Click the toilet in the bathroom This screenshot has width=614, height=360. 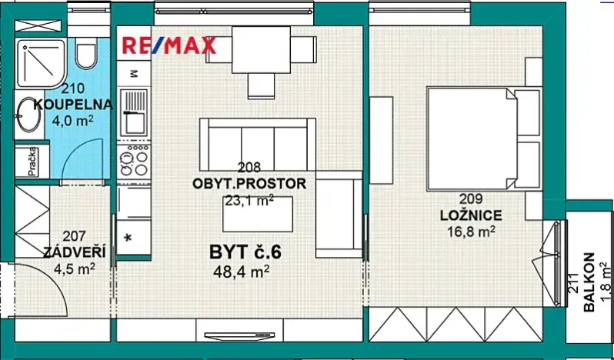click(85, 52)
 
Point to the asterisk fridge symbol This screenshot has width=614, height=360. click(128, 236)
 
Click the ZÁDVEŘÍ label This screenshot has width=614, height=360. click(69, 252)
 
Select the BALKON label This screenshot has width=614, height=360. click(589, 283)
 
